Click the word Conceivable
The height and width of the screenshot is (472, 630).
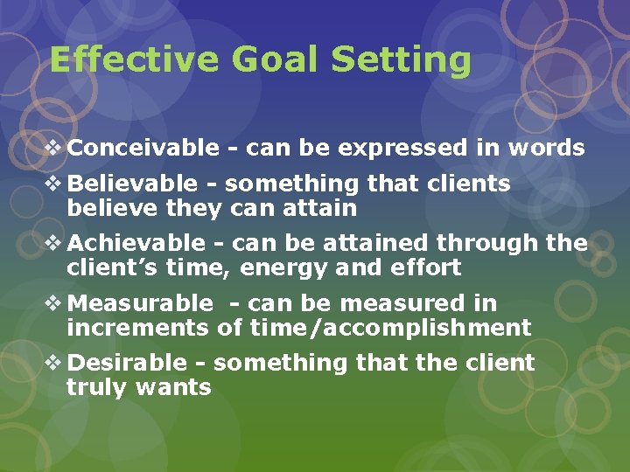point(143,149)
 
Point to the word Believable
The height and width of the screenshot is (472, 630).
point(132,184)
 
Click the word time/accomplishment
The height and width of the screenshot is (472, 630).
point(390,329)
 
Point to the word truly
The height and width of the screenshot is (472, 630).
point(96,388)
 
